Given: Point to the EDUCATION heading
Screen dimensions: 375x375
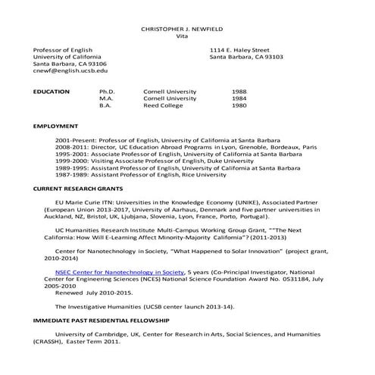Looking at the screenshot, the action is point(52,92).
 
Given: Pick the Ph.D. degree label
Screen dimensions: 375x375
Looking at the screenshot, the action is point(107,92).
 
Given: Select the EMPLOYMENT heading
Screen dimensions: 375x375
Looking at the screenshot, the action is point(55,126).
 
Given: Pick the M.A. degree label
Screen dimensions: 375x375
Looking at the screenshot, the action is point(106,98).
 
